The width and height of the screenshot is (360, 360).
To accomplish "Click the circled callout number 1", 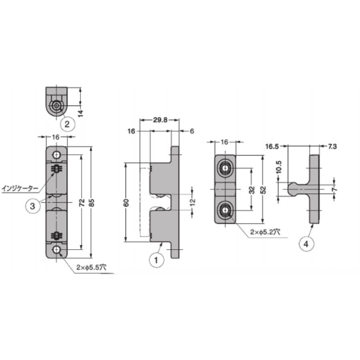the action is (x=156, y=260).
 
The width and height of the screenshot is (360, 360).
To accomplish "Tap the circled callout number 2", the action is (x=68, y=124).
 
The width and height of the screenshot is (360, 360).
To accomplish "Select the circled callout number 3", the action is (x=33, y=206).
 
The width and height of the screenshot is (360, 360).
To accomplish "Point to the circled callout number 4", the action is (x=306, y=244).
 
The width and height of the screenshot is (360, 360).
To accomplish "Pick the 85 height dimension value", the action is (x=91, y=202).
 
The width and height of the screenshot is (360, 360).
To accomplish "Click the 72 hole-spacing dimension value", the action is (x=82, y=202).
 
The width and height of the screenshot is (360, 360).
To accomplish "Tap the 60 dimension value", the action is (x=126, y=202).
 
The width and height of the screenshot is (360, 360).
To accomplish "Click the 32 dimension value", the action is (x=252, y=190).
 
